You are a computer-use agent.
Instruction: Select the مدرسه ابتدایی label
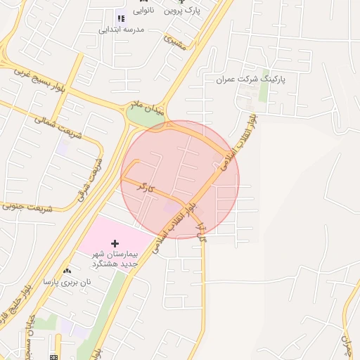(x=122, y=30)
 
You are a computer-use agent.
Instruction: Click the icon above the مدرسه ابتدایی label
(x=120, y=18)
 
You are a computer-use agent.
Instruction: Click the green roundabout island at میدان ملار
(x=145, y=119)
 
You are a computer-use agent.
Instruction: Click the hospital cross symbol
(x=115, y=243)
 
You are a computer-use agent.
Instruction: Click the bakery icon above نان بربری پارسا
(x=67, y=271)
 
